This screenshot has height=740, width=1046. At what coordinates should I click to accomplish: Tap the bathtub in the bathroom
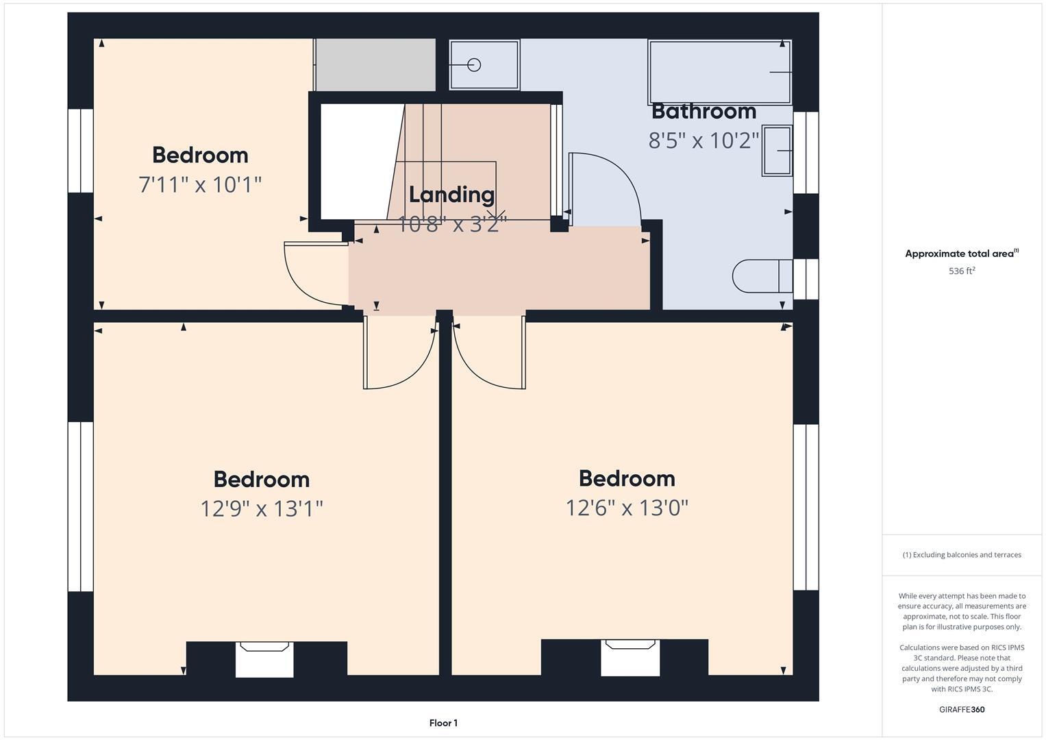pos(719,72)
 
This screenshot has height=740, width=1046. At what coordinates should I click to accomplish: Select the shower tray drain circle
pos(474,65)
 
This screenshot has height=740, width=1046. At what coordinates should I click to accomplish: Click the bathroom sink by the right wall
pos(777,151)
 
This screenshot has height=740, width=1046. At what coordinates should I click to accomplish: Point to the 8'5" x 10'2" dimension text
pos(703,140)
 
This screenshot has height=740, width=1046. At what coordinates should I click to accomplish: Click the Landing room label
pos(451,195)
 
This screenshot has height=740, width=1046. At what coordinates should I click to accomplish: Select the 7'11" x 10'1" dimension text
pos(200,184)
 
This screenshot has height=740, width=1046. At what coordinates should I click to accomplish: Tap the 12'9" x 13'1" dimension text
pos(261,508)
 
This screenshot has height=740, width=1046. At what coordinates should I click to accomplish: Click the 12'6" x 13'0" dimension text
pos(626,508)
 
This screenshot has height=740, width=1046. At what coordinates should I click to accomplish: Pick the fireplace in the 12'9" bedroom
pos(264,659)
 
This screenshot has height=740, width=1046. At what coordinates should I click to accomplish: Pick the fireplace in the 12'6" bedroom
pos(630,657)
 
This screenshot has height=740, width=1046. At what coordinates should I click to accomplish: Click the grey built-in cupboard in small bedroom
pos(375,64)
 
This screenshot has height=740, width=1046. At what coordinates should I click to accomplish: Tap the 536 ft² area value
pos(961,271)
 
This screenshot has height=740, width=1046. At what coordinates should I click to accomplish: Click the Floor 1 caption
pos(443,723)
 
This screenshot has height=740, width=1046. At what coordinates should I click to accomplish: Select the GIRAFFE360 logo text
pos(961,709)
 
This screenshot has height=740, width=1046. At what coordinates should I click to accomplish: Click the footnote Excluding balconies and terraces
pos(961,555)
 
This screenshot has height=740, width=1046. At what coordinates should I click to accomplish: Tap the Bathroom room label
pos(703,111)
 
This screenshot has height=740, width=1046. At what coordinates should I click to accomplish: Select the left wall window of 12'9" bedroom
pos(80,506)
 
